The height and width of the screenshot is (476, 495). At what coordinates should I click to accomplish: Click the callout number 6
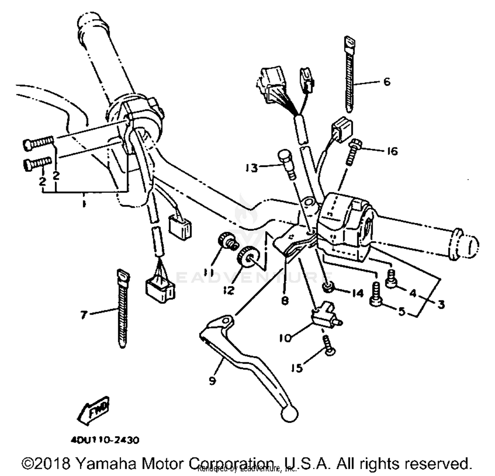point(387,81)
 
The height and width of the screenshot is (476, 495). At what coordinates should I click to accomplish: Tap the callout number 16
point(392,151)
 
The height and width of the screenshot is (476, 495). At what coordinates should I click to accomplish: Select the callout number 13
point(251,168)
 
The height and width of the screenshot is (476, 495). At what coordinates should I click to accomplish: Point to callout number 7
point(84,315)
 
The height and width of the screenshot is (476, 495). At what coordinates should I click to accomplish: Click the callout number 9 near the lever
point(212,381)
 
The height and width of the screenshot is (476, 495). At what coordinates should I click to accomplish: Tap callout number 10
point(285,338)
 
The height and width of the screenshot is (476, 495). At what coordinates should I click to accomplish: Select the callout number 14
point(358,293)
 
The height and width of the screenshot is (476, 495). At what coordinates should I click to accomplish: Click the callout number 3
point(441,304)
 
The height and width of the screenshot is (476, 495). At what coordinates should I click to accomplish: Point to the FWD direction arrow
point(93,410)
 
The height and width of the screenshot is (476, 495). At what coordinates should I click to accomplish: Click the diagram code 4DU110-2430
point(105,440)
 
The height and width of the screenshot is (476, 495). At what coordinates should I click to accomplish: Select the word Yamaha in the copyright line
point(106,463)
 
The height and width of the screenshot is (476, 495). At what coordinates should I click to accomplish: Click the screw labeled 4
point(391,279)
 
